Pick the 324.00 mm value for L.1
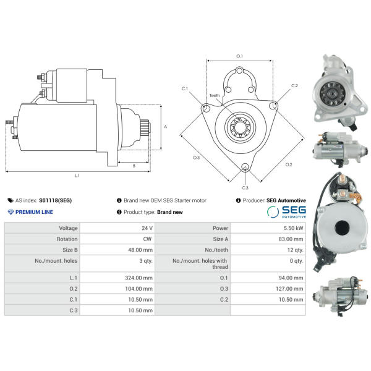[x=139, y=278]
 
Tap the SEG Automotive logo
[x=286, y=211]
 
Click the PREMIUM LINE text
[x=34, y=212]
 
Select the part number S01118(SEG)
[x=55, y=200]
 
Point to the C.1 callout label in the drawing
[x=185, y=88]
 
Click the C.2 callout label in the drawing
[x=294, y=85]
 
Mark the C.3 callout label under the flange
[x=245, y=187]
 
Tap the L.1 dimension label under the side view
[x=77, y=176]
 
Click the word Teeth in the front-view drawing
[x=214, y=95]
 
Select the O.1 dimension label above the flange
[x=239, y=56]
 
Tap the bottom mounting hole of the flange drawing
[x=245, y=167]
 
